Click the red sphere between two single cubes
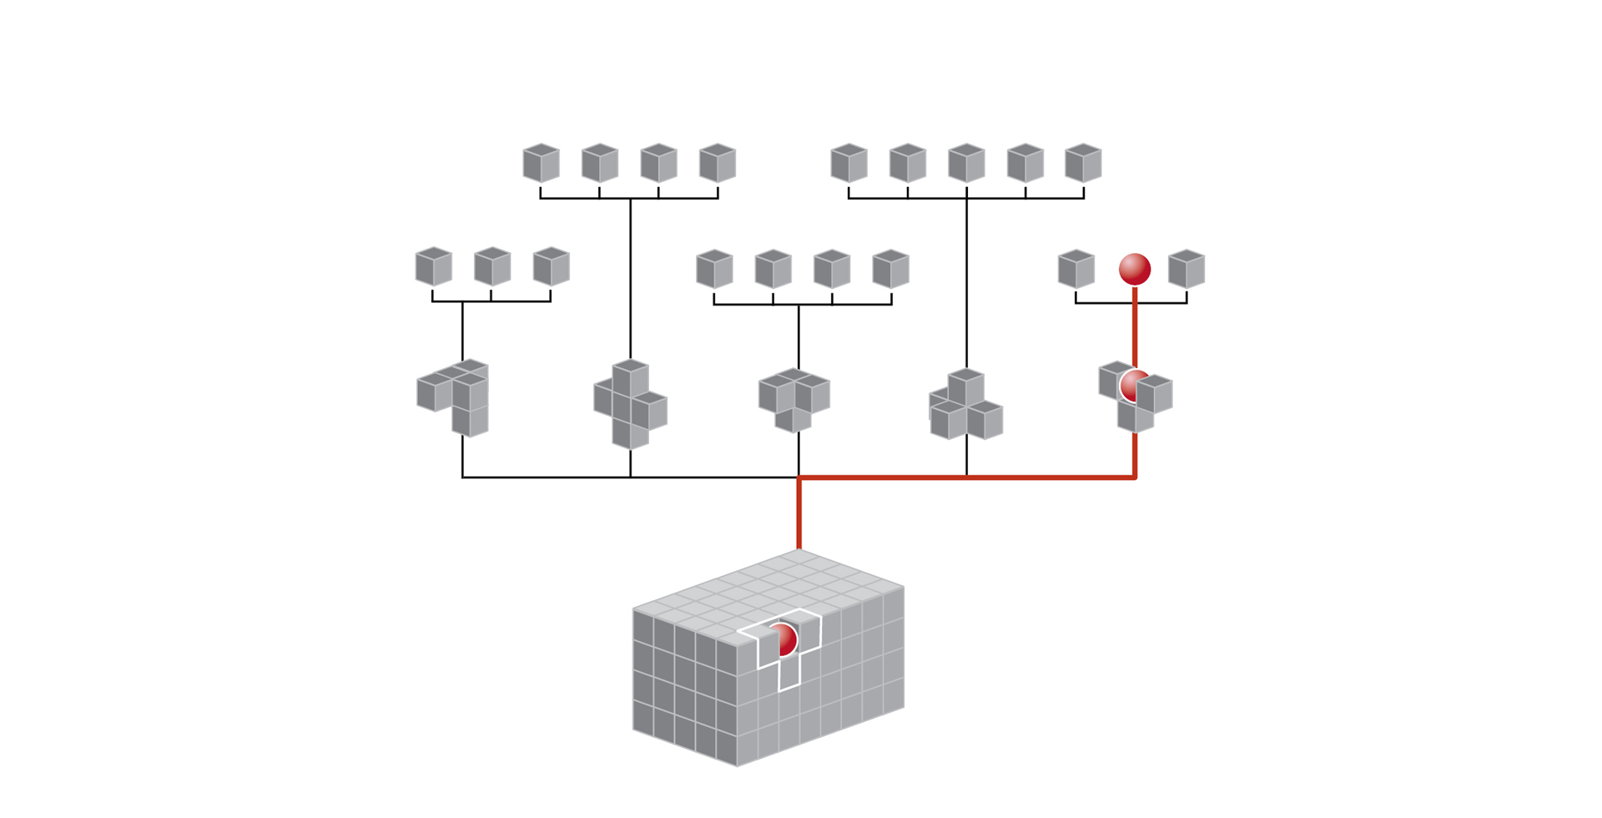coord(1135,269)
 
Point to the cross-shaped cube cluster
coord(630,405)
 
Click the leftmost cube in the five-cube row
coord(849,163)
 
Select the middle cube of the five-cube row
coord(966,163)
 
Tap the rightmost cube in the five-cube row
coord(1083,163)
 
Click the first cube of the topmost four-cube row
coord(541,163)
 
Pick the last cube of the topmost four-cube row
coord(718,163)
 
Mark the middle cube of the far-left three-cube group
coord(492,267)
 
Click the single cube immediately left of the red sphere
coord(1076,269)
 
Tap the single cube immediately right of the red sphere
coord(1186,269)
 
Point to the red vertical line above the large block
coord(799,513)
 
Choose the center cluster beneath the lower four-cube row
coord(794,400)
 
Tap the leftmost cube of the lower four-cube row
coord(714,269)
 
